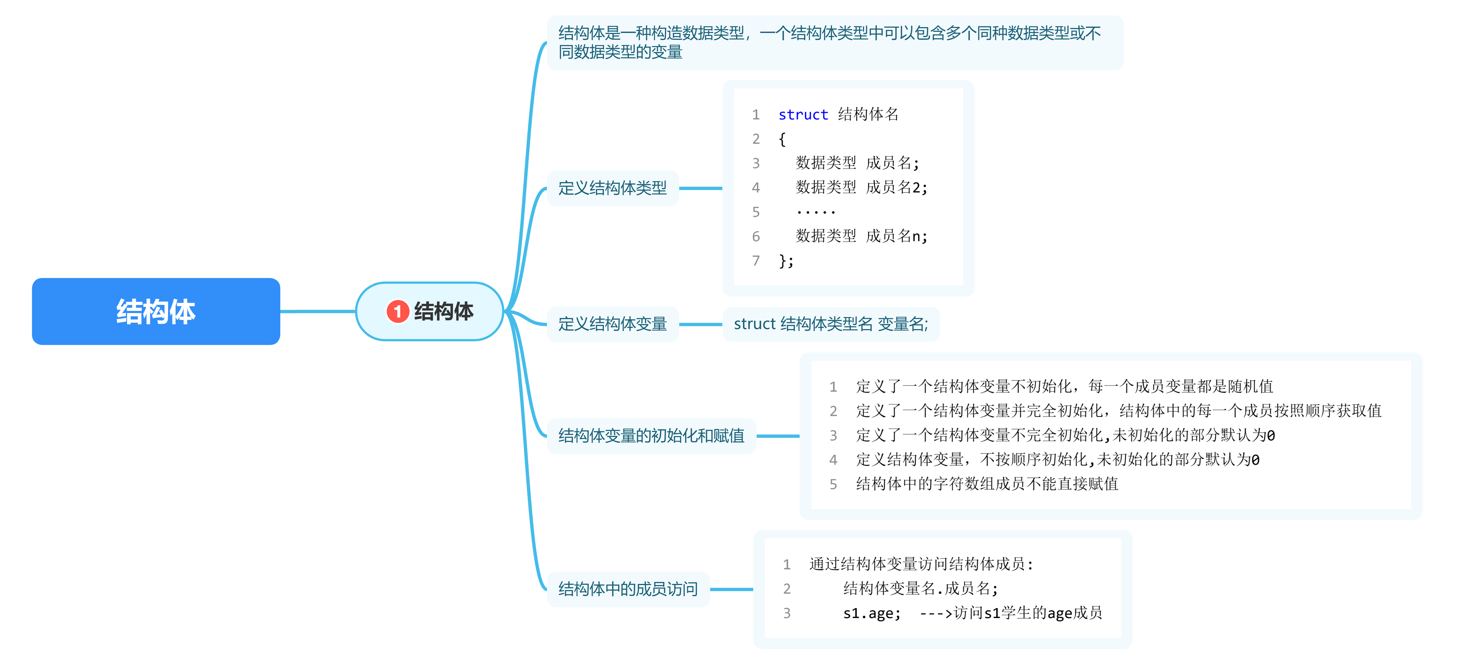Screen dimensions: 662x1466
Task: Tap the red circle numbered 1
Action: tap(397, 311)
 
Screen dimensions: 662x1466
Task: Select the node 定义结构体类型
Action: tap(612, 188)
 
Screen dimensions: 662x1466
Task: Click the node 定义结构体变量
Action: tap(612, 324)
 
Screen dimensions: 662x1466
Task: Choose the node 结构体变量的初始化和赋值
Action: tap(651, 435)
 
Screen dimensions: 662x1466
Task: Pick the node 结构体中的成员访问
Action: tap(628, 589)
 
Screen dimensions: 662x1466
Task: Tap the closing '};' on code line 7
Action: tap(786, 261)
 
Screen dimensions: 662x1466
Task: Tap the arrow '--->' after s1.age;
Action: tap(936, 613)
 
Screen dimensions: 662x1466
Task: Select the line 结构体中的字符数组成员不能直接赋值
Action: tap(987, 484)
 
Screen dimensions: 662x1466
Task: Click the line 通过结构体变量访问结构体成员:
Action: tap(921, 564)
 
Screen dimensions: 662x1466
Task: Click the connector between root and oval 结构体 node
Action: tap(318, 311)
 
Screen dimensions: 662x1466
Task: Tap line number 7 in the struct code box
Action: tap(756, 261)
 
